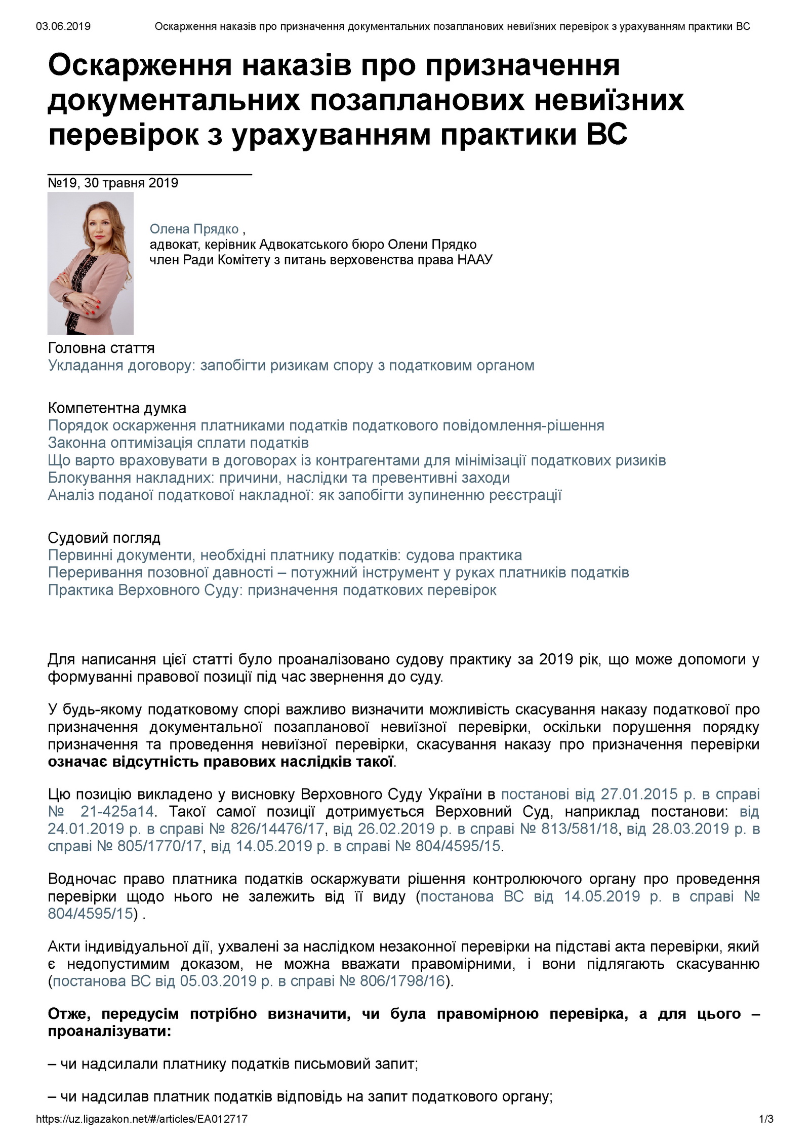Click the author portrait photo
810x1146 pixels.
pyautogui.click(x=90, y=263)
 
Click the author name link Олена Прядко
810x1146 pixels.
pyautogui.click(x=194, y=229)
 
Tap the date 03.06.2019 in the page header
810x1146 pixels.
pyautogui.click(x=63, y=26)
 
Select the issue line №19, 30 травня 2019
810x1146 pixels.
pyautogui.click(x=113, y=183)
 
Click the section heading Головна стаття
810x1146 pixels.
pyautogui.click(x=101, y=348)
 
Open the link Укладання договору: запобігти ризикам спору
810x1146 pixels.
pyautogui.click(x=291, y=365)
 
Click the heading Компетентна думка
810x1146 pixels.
pyautogui.click(x=117, y=408)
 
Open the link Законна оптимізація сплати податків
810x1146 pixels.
pyautogui.click(x=178, y=443)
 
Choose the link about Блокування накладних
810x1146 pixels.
pyautogui.click(x=278, y=478)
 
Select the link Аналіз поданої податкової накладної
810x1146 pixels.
pyautogui.click(x=305, y=495)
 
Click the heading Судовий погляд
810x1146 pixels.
pyautogui.click(x=104, y=537)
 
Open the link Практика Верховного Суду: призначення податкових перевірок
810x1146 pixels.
pyautogui.click(x=272, y=590)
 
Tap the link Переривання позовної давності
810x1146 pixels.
pyautogui.click(x=338, y=572)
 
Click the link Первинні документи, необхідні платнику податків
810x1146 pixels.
pyautogui.click(x=285, y=555)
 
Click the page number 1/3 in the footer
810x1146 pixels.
pyautogui.click(x=766, y=1133)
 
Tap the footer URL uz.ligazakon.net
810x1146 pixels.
pyautogui.click(x=142, y=1133)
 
